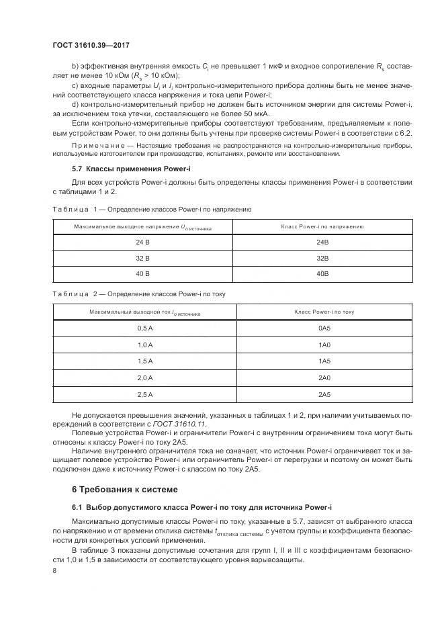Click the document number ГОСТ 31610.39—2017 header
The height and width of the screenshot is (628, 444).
click(90, 45)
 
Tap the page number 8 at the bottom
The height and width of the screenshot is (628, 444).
click(55, 570)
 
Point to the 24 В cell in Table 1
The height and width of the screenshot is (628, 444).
click(142, 242)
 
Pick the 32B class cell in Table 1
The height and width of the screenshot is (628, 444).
click(322, 258)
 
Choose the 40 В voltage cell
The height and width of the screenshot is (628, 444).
click(142, 274)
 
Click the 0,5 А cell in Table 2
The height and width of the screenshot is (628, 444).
click(144, 329)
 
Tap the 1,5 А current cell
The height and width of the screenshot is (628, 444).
click(144, 361)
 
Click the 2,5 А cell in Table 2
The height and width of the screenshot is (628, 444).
click(144, 394)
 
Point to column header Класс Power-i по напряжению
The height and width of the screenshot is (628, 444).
click(322, 227)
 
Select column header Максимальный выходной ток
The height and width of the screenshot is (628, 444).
click(144, 313)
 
